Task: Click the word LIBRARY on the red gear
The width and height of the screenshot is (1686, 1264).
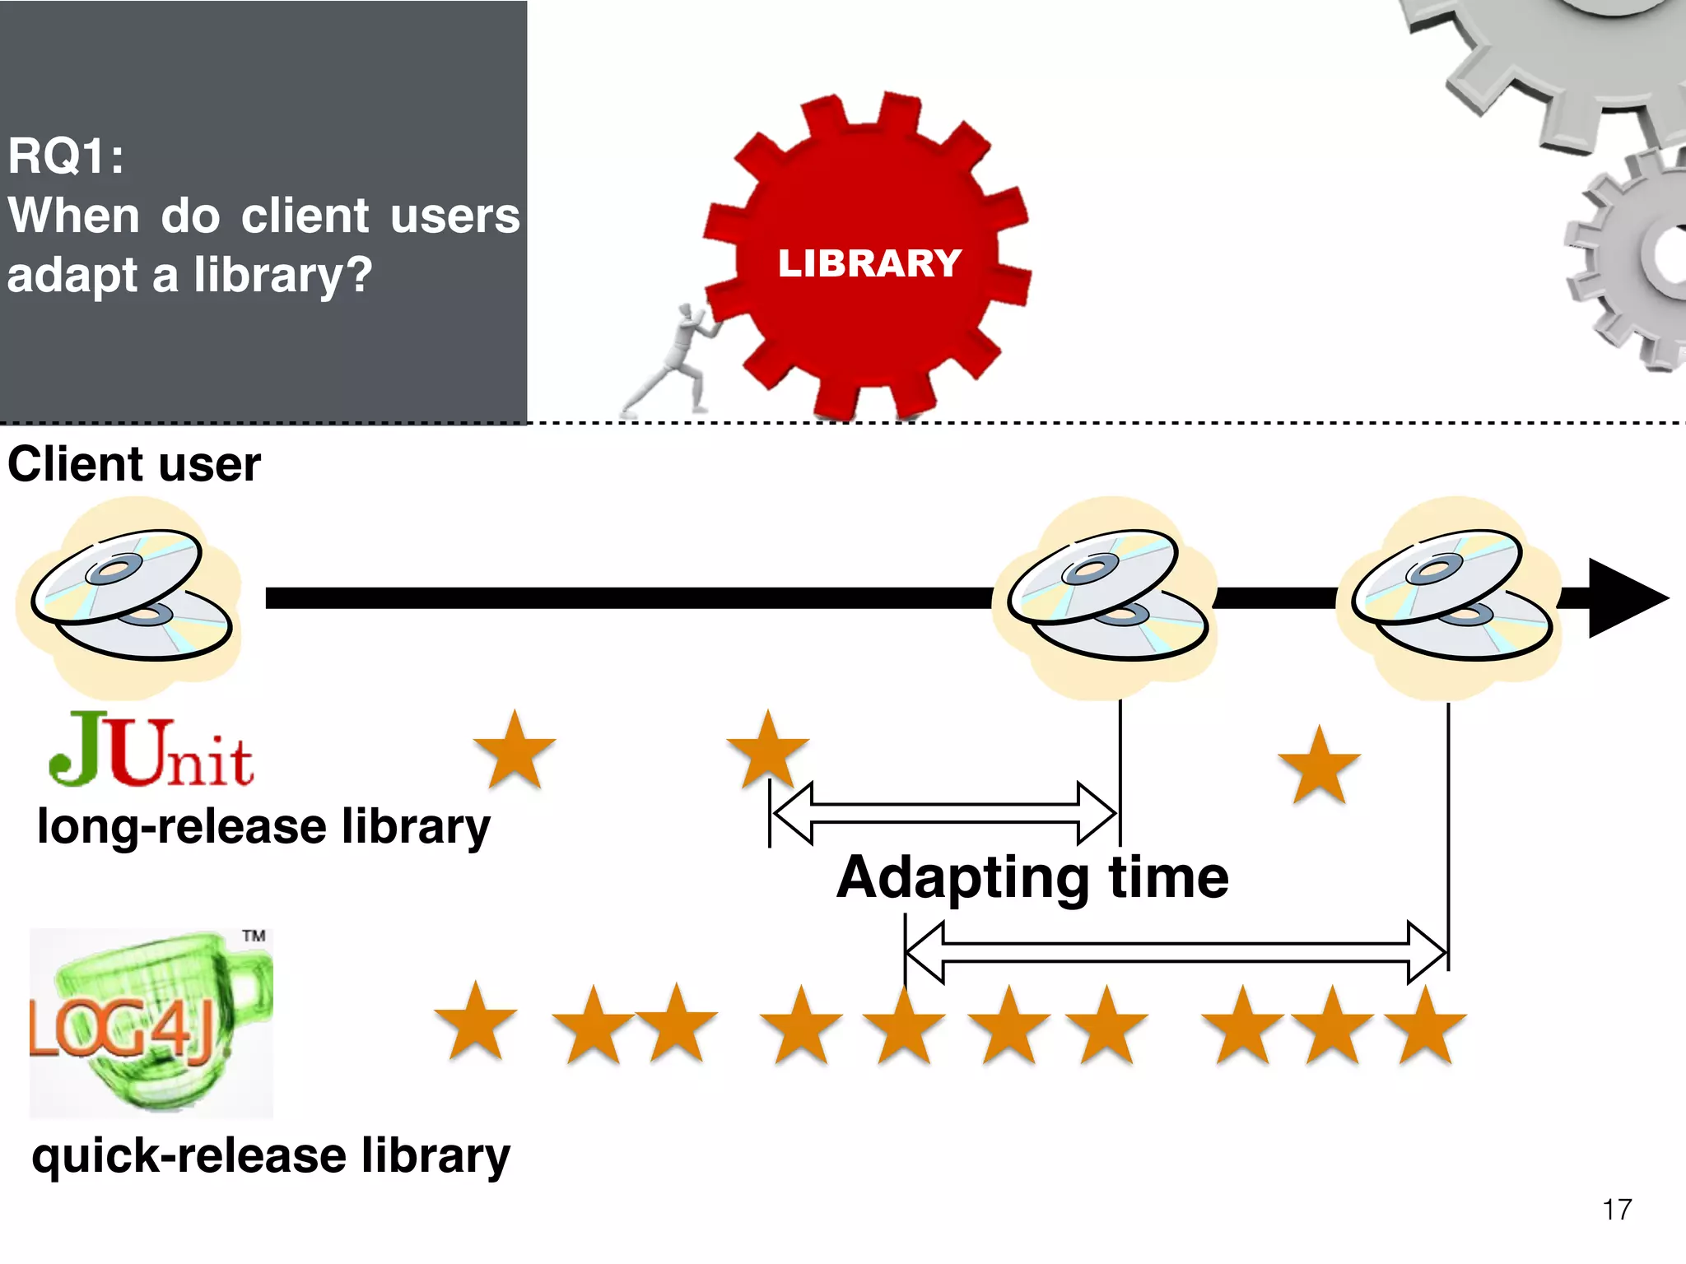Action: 869,263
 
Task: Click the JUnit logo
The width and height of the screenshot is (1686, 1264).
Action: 151,750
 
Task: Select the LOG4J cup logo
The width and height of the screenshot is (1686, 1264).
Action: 151,1023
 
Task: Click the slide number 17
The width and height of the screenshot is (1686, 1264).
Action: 1617,1210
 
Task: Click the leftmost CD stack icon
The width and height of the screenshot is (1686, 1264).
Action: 130,596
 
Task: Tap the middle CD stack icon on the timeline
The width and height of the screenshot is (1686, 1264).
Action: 1106,596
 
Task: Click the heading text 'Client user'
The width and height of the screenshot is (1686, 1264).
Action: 134,464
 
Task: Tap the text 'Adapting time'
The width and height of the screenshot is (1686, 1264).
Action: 1032,877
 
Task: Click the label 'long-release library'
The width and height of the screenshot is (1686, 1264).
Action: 263,826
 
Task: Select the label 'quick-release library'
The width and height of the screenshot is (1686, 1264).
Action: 271,1155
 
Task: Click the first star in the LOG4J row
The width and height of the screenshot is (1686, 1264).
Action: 476,1023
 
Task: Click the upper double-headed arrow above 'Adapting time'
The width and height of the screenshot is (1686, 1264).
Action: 944,813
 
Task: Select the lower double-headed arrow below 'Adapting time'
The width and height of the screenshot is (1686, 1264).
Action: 1176,953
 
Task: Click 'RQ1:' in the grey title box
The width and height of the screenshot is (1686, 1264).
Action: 66,156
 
